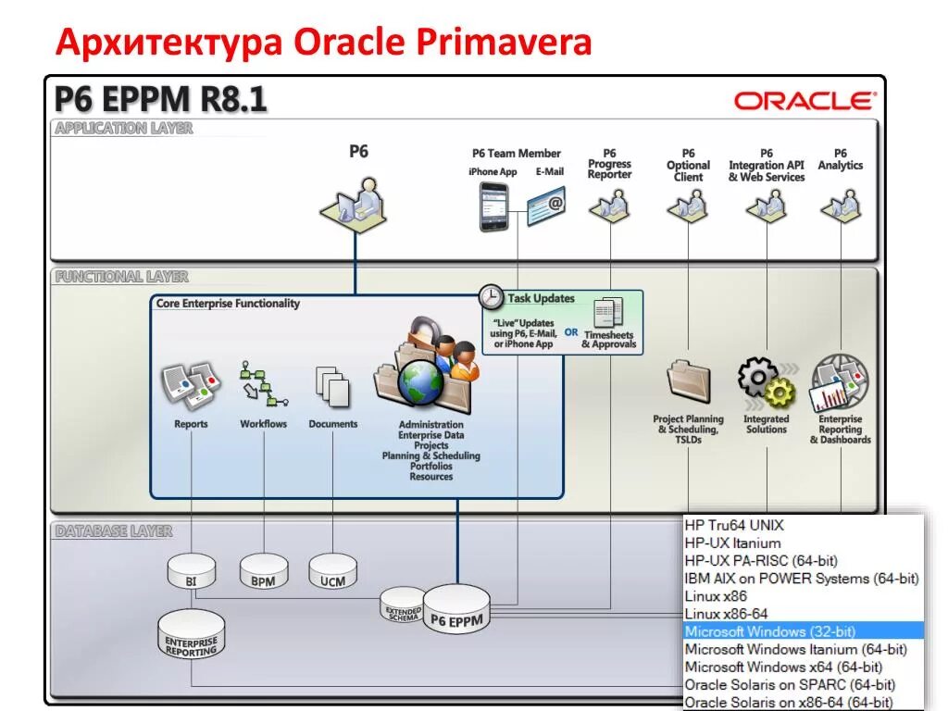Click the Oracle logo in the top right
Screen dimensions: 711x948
click(x=804, y=101)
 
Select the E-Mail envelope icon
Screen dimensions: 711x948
click(x=545, y=206)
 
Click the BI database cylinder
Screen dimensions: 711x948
click(x=191, y=571)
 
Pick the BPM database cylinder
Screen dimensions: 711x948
click(x=263, y=572)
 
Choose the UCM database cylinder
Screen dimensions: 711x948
click(x=332, y=571)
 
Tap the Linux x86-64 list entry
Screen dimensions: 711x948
click(x=726, y=614)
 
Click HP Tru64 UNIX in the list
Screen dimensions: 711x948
click(x=734, y=525)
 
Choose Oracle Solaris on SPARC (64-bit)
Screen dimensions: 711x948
click(x=790, y=685)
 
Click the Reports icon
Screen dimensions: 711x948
click(x=191, y=385)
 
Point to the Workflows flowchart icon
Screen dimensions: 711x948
click(x=263, y=383)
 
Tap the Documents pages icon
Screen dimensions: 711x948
click(x=332, y=385)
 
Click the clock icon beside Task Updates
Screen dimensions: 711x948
click(x=491, y=297)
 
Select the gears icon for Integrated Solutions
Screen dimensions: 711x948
click(x=766, y=382)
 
